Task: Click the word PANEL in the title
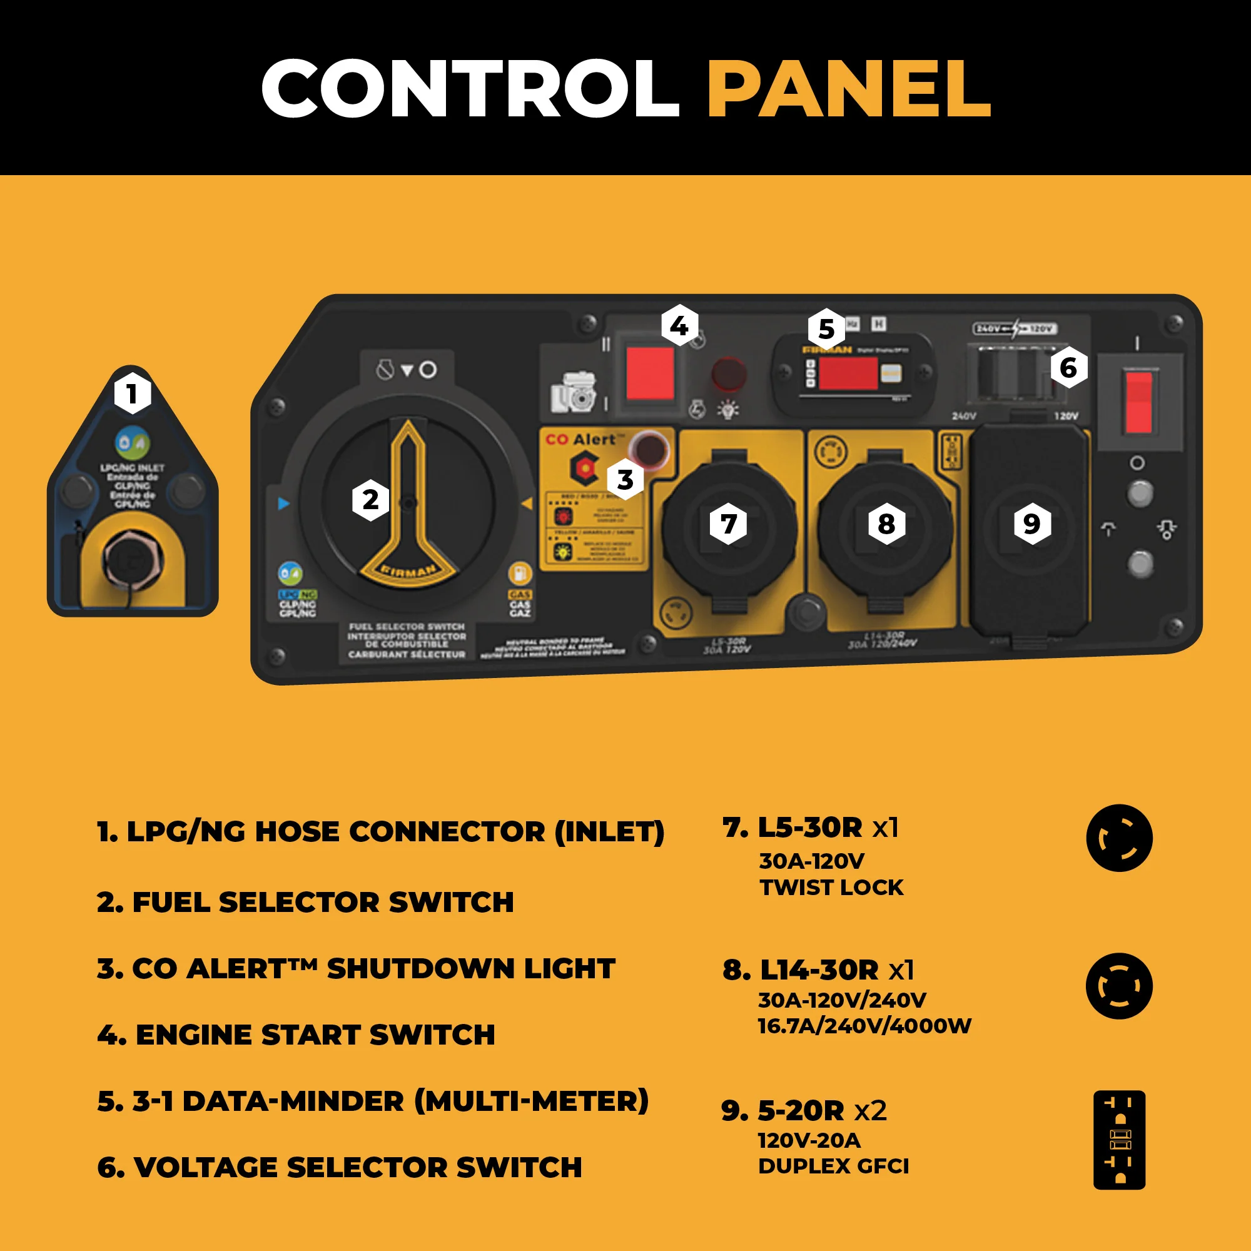tap(848, 89)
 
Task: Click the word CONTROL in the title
tap(470, 89)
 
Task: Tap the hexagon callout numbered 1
tap(132, 393)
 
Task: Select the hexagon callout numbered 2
tap(370, 500)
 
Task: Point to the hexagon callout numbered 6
tap(1068, 368)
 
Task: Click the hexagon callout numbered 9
tap(1031, 523)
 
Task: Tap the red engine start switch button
tap(650, 373)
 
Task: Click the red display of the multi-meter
tap(848, 373)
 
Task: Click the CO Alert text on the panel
tap(580, 440)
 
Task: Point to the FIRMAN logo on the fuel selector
tap(408, 571)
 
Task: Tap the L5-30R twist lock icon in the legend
tap(1119, 838)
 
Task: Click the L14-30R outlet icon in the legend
tap(1119, 986)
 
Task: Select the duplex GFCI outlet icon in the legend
tap(1119, 1140)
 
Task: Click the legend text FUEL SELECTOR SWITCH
tap(305, 902)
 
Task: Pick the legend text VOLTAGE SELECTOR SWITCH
tap(339, 1167)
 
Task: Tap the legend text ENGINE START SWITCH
tap(296, 1035)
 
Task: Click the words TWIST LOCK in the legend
tap(831, 887)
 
